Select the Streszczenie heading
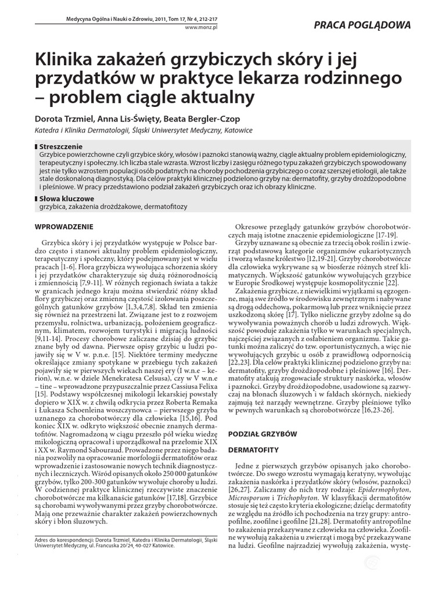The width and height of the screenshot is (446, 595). [x=60, y=146]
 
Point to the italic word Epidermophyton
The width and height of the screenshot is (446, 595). [x=384, y=489]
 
